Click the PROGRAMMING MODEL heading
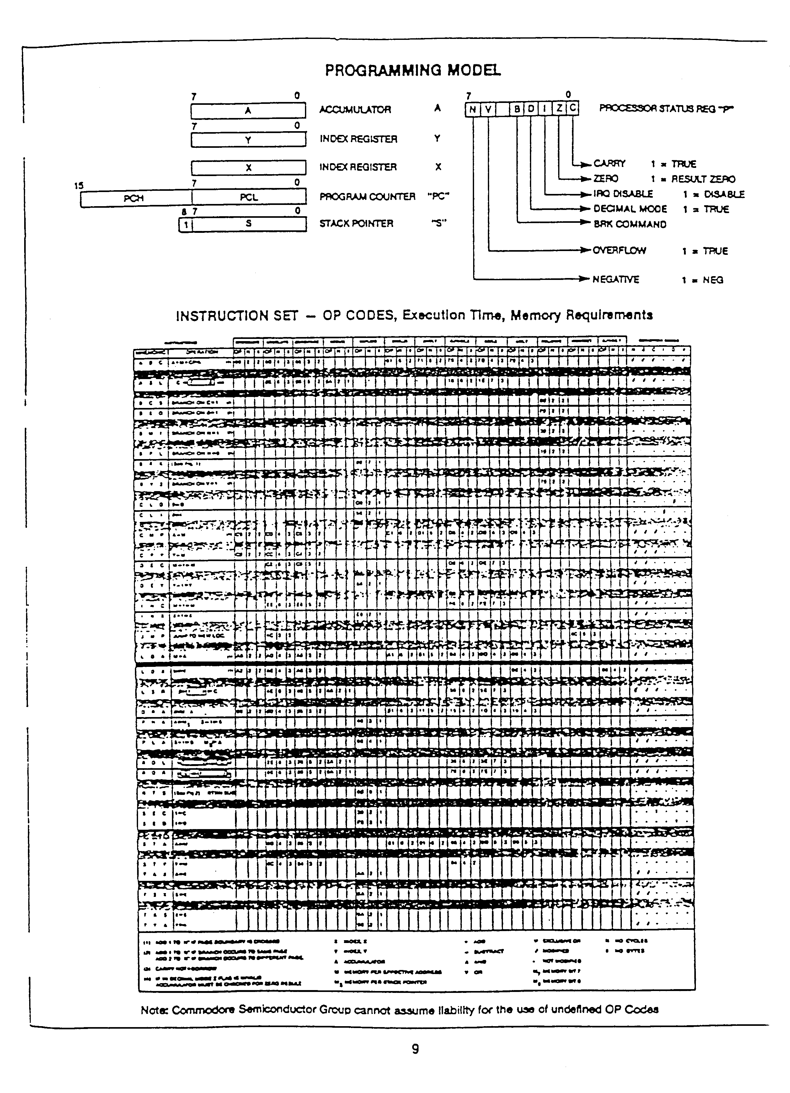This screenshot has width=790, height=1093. tap(413, 70)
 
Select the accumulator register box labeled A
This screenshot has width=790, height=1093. tap(248, 111)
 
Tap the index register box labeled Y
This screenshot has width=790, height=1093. tap(248, 140)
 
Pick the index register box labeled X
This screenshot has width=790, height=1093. tap(248, 168)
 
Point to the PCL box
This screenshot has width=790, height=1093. tap(248, 197)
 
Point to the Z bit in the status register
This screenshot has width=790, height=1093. tap(559, 109)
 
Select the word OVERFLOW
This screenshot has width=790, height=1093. tap(619, 251)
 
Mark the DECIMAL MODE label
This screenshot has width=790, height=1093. tap(630, 209)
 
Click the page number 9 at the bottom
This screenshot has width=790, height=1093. tap(415, 1049)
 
